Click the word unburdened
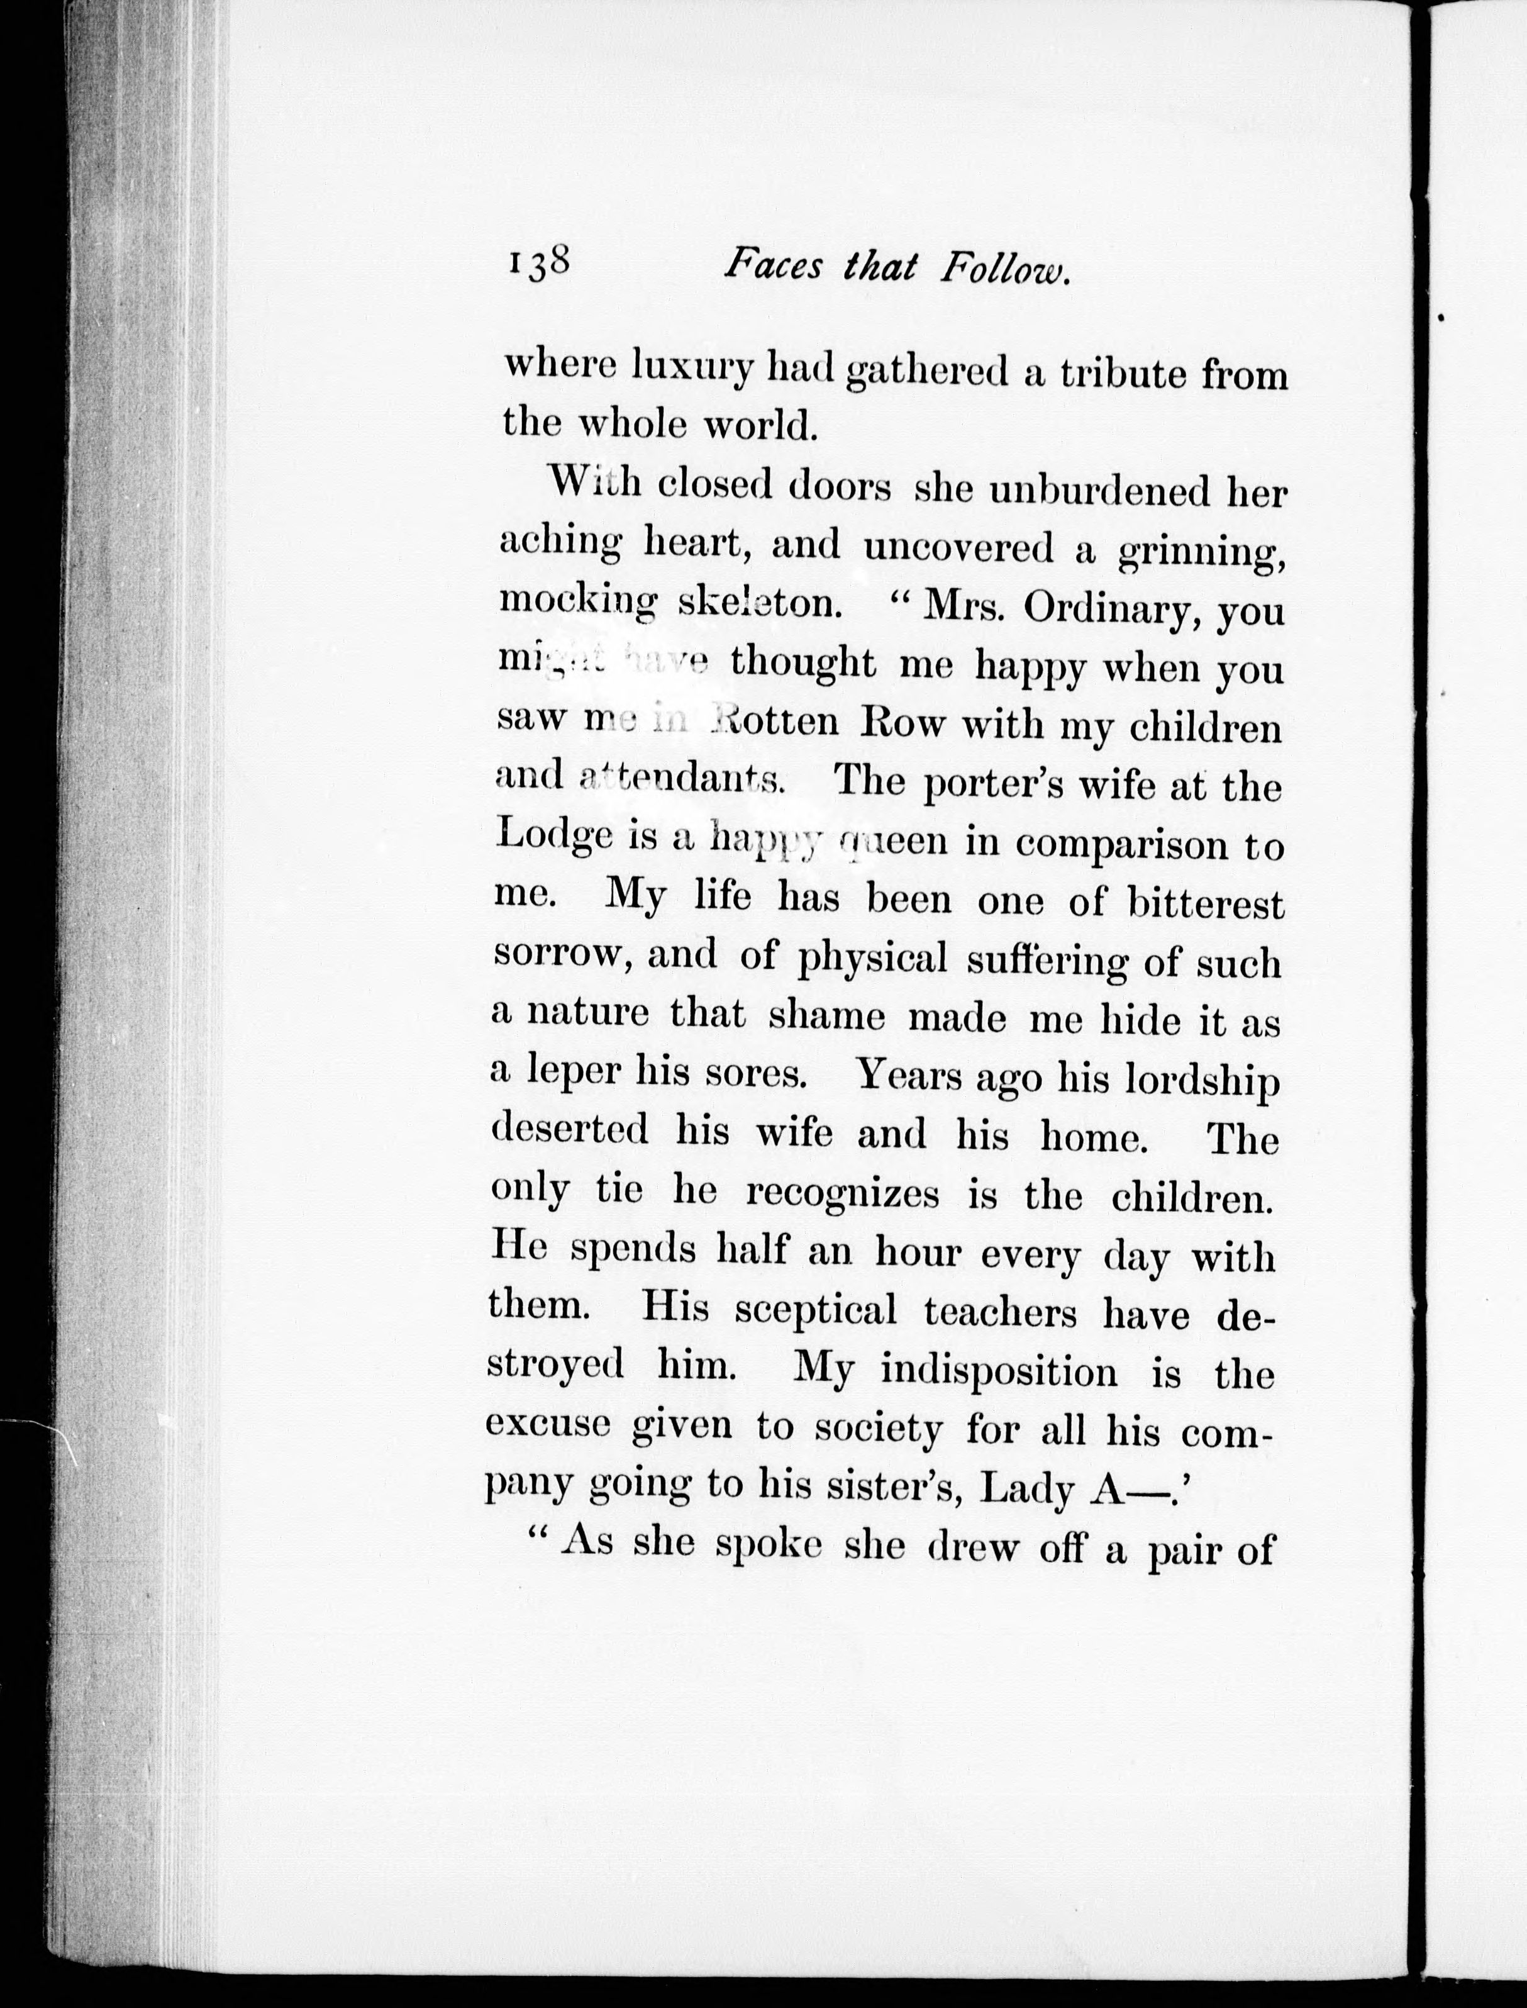tap(1100, 493)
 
